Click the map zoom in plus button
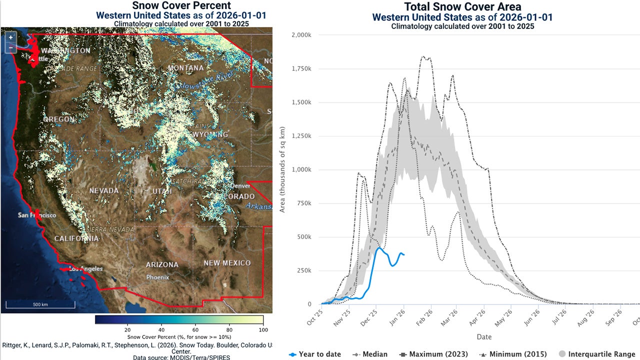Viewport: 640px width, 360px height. (10, 37)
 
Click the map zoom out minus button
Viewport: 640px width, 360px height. (10, 47)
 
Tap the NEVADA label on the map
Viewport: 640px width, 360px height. (104, 190)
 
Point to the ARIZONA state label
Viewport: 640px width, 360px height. (162, 264)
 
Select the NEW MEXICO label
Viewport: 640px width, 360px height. (227, 263)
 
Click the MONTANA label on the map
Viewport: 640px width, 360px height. (186, 68)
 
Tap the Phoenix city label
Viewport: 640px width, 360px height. (157, 277)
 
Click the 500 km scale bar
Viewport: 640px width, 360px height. (40, 304)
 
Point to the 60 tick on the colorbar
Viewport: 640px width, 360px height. (195, 329)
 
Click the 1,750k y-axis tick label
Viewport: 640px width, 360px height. (301, 68)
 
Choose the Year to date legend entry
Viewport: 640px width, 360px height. (315, 354)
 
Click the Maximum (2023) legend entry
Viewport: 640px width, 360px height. (433, 354)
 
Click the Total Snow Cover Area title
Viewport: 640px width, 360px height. (462, 7)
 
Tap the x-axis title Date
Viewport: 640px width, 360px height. (483, 337)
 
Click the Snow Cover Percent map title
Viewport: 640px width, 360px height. (181, 6)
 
